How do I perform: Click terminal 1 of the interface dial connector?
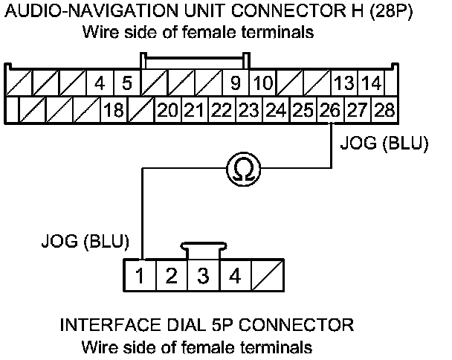pos(140,277)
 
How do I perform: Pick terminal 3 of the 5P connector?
pos(202,277)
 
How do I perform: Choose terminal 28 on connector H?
pos(384,112)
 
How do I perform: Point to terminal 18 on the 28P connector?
pos(113,112)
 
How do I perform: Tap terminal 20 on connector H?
pos(167,112)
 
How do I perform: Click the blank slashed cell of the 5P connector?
pos(268,277)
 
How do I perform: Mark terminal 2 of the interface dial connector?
pos(171,277)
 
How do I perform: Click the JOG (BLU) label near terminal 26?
pos(384,144)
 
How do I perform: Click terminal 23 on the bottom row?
pos(248,112)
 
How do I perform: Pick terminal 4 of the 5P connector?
pos(234,277)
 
